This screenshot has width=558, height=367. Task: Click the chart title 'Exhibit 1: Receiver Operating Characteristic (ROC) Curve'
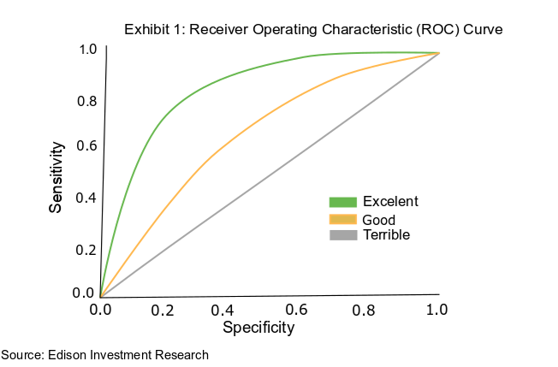pyautogui.click(x=312, y=29)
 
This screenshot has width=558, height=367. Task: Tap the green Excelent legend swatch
pyautogui.click(x=341, y=202)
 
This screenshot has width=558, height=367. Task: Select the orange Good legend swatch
pyautogui.click(x=341, y=219)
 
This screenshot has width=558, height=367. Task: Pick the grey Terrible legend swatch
pyautogui.click(x=341, y=234)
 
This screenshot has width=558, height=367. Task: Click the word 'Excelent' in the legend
pyautogui.click(x=390, y=202)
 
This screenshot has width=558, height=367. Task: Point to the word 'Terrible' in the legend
pyautogui.click(x=387, y=234)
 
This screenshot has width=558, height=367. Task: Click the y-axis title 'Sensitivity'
pyautogui.click(x=56, y=178)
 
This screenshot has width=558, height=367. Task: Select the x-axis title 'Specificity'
pyautogui.click(x=258, y=327)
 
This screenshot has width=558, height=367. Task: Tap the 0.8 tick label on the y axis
pyautogui.click(x=86, y=102)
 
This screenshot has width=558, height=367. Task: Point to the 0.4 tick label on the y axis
pyautogui.click(x=86, y=198)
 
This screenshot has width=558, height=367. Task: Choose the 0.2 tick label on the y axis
pyautogui.click(x=86, y=250)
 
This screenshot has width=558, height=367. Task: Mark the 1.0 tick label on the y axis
pyautogui.click(x=86, y=50)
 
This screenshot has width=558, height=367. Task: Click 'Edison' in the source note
pyautogui.click(x=68, y=354)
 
